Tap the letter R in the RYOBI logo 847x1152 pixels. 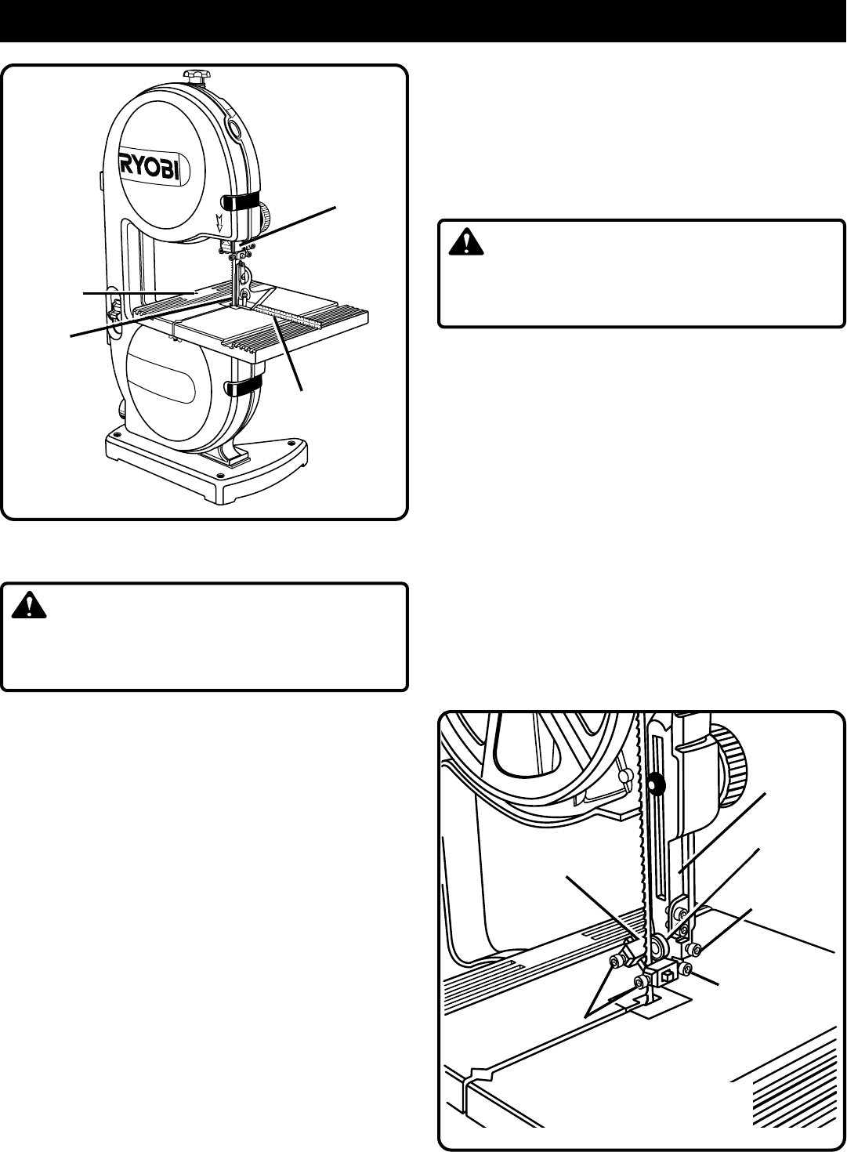click(127, 166)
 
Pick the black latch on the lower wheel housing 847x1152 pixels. click(242, 386)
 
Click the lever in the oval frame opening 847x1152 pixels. click(114, 310)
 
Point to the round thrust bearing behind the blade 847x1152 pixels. click(657, 941)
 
